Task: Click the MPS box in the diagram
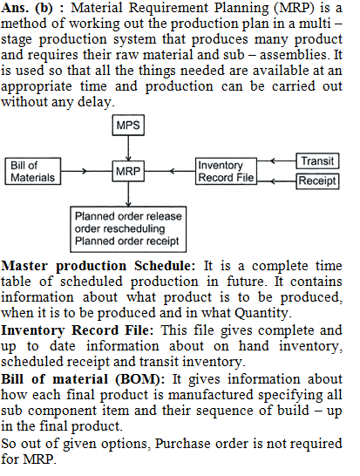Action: (x=128, y=125)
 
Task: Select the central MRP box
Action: (x=128, y=171)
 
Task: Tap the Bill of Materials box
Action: (x=33, y=171)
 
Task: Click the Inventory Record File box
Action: (x=226, y=171)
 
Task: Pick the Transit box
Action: (x=317, y=161)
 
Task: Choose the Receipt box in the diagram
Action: (x=317, y=181)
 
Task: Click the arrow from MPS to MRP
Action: (x=128, y=148)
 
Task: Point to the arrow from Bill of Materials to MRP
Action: (x=86, y=171)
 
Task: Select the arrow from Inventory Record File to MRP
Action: (x=170, y=171)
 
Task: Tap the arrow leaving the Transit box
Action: (x=276, y=160)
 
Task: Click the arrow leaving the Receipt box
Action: (x=276, y=181)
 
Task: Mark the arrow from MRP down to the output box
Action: (x=128, y=194)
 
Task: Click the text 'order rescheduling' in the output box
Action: (x=120, y=228)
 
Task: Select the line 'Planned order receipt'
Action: (x=127, y=241)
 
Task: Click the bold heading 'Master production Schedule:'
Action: (x=98, y=266)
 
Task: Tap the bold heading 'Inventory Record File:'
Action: (x=77, y=330)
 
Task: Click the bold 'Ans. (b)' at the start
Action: (x=27, y=8)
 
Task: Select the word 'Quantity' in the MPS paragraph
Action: (x=261, y=313)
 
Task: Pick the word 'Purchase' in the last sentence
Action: (x=182, y=444)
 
